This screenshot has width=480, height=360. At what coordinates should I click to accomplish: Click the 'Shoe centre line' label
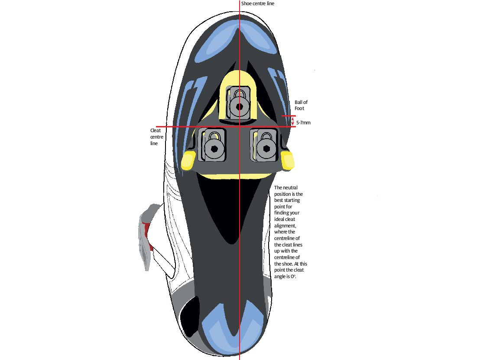(x=257, y=3)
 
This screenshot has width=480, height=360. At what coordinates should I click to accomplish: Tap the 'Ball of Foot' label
(x=301, y=105)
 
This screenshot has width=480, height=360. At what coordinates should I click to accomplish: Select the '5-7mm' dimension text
(x=303, y=123)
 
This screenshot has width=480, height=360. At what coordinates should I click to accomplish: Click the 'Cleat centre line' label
(x=156, y=137)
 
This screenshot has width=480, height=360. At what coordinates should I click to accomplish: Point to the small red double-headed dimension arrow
(x=292, y=121)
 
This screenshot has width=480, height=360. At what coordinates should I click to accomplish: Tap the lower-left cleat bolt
(x=214, y=149)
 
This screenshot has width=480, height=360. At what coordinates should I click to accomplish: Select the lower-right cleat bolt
(x=266, y=149)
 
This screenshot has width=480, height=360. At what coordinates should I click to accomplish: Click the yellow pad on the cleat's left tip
(x=188, y=160)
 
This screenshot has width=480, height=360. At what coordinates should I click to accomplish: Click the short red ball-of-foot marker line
(x=289, y=116)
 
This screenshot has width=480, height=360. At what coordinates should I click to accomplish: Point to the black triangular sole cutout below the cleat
(x=233, y=208)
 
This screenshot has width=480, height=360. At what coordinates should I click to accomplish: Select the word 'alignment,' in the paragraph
(x=285, y=226)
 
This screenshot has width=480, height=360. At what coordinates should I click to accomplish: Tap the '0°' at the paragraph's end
(x=293, y=276)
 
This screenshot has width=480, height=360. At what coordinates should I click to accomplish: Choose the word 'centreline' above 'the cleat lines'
(x=287, y=238)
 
